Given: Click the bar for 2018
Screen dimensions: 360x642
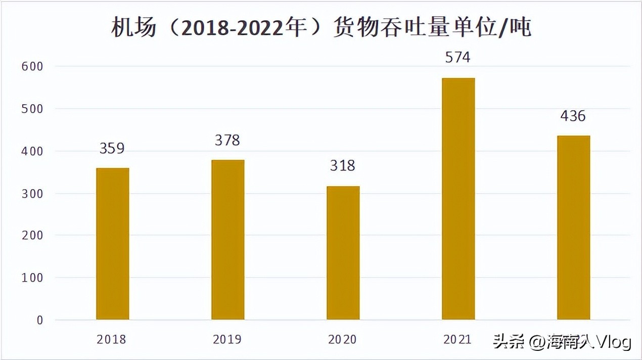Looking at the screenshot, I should click(112, 244).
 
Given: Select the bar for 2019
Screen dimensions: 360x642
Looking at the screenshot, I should click(227, 240).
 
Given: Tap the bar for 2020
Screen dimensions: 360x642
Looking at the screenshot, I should click(343, 253).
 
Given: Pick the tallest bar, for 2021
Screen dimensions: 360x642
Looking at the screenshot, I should click(458, 199).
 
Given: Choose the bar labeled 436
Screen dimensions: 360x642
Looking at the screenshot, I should click(573, 228).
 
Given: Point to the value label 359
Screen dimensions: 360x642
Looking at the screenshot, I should click(112, 148).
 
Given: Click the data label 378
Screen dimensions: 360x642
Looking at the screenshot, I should click(227, 140).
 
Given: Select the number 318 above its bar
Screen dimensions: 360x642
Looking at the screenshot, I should click(343, 165).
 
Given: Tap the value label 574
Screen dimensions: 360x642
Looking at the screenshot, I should click(458, 58).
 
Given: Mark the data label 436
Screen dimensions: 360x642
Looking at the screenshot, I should click(573, 116).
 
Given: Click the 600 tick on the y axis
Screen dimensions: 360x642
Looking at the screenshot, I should click(33, 66).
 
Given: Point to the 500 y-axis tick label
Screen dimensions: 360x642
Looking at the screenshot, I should click(33, 109).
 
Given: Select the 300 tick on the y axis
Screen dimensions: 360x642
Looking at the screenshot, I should click(33, 193).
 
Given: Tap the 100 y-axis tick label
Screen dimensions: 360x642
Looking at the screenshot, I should click(33, 278).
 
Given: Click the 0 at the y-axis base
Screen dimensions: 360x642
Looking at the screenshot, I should click(40, 320).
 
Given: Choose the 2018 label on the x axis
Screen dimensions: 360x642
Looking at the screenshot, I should click(112, 339).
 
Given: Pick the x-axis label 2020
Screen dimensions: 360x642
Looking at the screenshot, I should click(342, 339).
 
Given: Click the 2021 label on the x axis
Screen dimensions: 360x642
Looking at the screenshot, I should click(457, 339).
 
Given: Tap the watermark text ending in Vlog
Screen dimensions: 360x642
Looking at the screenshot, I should click(562, 343).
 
